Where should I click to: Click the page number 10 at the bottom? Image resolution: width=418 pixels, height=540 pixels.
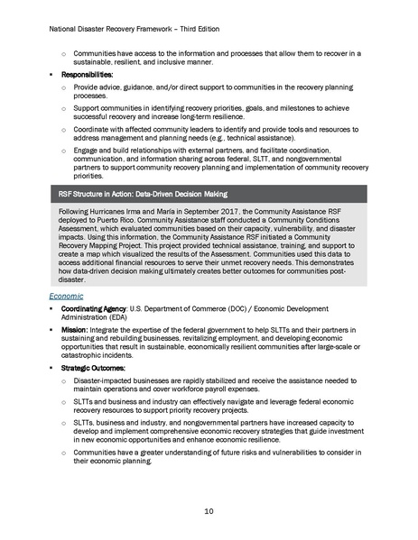click(209, 511)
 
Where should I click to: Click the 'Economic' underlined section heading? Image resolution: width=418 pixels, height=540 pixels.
click(69, 294)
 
